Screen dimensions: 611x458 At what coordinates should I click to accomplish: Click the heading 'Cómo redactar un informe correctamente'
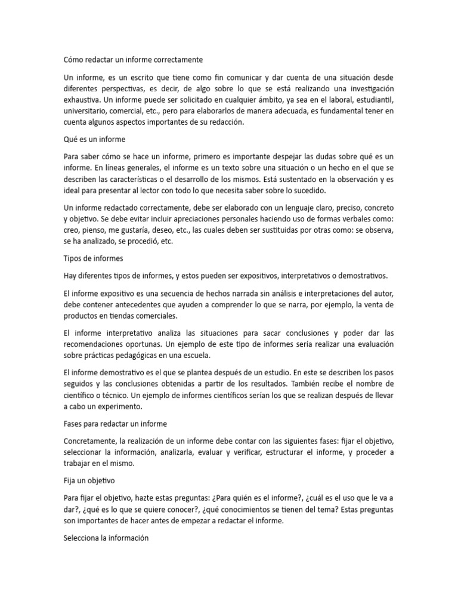[x=133, y=60]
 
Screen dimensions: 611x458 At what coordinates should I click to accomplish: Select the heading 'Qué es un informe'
[x=94, y=140]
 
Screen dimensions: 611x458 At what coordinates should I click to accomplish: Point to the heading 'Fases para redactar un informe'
[x=115, y=424]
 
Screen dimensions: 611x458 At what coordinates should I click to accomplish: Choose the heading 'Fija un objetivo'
[x=89, y=480]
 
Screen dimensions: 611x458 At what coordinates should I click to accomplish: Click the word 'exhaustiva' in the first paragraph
[x=82, y=100]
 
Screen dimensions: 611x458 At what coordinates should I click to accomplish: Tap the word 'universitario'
[x=88, y=111]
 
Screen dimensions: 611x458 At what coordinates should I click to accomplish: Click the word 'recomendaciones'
[x=95, y=345]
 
